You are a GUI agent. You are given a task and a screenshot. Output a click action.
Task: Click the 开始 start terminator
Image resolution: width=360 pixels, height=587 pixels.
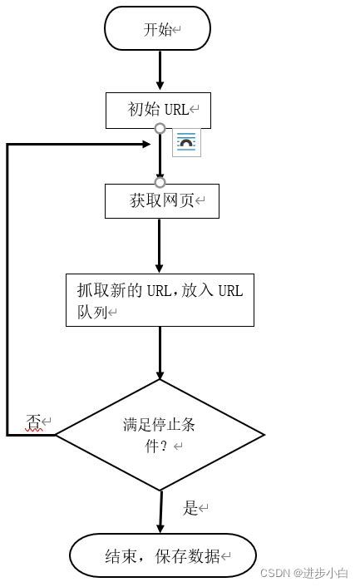click(x=157, y=30)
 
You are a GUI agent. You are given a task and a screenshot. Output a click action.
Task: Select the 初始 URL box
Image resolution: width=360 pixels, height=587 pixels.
click(x=158, y=110)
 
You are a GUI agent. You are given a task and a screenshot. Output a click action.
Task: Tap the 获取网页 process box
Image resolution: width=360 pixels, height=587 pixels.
click(x=161, y=200)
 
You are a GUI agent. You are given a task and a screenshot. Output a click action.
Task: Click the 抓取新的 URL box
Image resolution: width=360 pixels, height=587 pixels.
click(x=160, y=300)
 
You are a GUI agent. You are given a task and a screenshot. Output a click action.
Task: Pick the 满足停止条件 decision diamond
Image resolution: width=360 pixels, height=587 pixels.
click(x=160, y=435)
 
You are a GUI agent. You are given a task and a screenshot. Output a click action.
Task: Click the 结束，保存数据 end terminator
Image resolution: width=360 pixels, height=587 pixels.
click(x=162, y=556)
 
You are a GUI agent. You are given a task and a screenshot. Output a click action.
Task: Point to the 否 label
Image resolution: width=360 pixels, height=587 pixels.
click(x=34, y=422)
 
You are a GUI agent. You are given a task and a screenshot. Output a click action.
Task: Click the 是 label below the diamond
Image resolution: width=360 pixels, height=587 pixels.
click(x=191, y=507)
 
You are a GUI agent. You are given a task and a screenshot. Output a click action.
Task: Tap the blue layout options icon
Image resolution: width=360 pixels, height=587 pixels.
click(x=186, y=143)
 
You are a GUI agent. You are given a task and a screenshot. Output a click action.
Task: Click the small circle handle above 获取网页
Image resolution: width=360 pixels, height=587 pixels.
click(x=160, y=182)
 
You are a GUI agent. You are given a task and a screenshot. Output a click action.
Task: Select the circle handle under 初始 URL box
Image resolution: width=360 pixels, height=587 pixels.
click(x=160, y=130)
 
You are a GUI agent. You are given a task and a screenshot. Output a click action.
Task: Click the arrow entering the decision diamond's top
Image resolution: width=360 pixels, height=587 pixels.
click(x=160, y=353)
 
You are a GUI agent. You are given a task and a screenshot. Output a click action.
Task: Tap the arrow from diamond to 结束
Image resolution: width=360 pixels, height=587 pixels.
click(x=160, y=511)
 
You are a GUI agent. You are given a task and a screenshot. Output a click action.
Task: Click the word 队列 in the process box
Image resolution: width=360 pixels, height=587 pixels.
click(x=86, y=313)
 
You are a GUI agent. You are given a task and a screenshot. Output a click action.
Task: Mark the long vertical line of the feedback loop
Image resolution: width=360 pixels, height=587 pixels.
click(x=7, y=291)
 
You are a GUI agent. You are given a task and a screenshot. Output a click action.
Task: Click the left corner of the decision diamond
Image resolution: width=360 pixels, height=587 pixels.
click(x=57, y=435)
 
